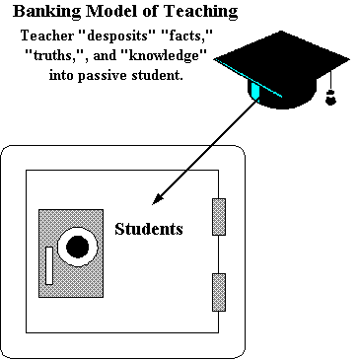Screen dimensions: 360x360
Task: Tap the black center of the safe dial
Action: pos(76,246)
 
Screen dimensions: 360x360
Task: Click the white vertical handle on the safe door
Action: pos(49,264)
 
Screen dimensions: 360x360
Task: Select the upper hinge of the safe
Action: pos(219,217)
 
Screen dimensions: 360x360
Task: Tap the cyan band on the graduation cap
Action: pos(256,91)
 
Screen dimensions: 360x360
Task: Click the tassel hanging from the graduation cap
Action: pos(331,97)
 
